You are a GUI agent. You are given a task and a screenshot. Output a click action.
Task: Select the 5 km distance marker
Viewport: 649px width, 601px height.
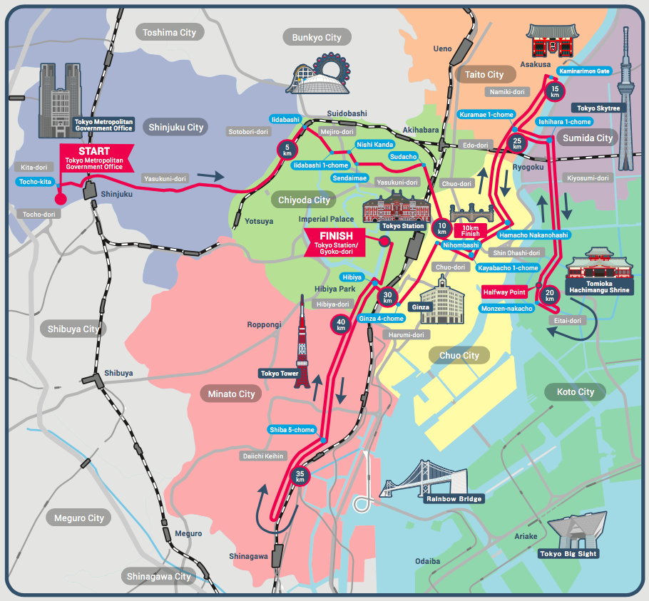tap(287, 150)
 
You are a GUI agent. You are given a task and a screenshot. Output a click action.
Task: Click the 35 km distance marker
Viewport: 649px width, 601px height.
tap(300, 476)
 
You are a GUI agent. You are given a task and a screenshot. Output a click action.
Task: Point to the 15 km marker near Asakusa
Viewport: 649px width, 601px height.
tap(554, 91)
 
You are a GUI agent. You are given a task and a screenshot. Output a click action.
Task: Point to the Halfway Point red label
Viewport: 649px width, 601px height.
tap(504, 292)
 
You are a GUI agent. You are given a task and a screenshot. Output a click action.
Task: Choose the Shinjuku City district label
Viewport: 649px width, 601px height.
tap(175, 128)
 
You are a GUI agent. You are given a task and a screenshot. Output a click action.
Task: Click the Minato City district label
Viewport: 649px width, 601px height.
tap(231, 394)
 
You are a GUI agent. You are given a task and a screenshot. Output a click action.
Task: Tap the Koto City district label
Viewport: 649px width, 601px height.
tap(575, 391)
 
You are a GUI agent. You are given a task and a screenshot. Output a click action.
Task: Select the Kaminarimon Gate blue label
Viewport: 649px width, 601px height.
tap(584, 71)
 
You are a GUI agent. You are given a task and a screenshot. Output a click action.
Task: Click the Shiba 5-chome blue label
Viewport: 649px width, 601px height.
tap(292, 430)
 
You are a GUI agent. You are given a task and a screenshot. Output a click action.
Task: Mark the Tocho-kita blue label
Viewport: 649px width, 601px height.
tap(35, 182)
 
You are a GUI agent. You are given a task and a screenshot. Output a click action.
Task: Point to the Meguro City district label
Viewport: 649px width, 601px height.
tap(78, 518)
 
